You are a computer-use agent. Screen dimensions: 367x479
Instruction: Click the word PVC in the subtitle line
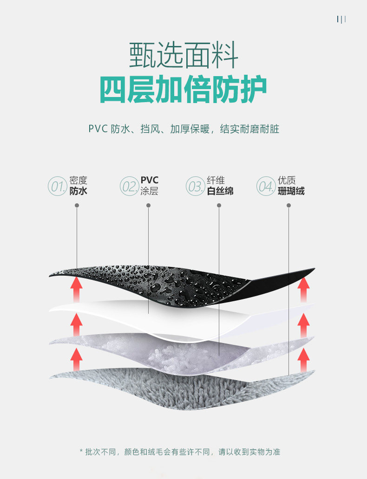(98, 129)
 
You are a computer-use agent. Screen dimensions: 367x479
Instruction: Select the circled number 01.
(57, 186)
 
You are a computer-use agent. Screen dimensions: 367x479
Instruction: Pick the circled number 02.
(129, 186)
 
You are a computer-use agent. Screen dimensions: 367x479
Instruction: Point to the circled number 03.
(195, 186)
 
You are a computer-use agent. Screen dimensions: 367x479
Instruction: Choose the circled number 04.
(266, 186)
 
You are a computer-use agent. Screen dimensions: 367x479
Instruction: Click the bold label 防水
(78, 191)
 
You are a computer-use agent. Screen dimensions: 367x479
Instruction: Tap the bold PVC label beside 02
(149, 180)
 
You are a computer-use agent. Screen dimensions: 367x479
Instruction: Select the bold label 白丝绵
(220, 191)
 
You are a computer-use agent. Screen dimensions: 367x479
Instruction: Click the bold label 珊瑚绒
(291, 191)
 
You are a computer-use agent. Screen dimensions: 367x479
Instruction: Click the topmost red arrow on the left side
(76, 289)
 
